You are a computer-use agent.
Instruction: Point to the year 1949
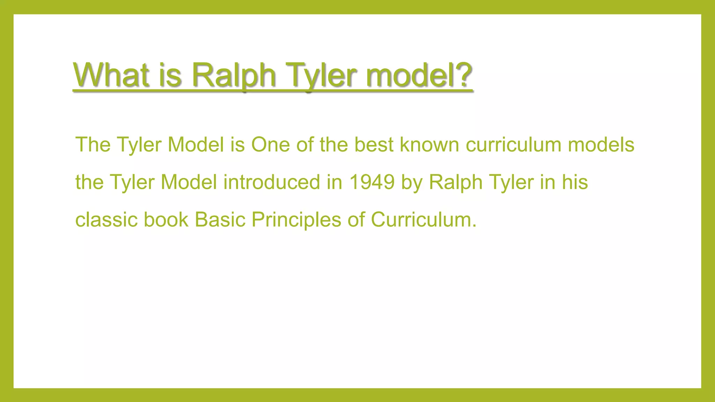(x=372, y=182)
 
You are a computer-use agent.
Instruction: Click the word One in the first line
(x=271, y=144)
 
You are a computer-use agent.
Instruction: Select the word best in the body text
(x=374, y=144)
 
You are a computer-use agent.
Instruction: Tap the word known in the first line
(x=429, y=144)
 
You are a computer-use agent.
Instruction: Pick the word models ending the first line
(x=601, y=144)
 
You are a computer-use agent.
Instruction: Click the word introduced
(x=272, y=182)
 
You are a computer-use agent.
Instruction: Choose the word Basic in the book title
(x=220, y=220)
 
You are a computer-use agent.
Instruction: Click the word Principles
(x=296, y=220)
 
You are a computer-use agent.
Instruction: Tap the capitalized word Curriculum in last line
(x=423, y=220)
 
